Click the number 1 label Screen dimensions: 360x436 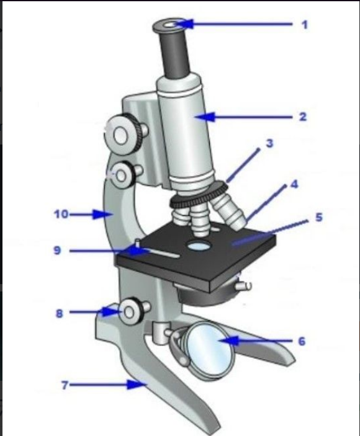pos(305,25)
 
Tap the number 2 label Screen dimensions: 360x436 pos(303,116)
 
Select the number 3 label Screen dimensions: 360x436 pos(269,143)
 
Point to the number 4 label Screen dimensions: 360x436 pos(294,184)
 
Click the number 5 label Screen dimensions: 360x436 pos(319,217)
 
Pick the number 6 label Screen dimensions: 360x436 pos(302,341)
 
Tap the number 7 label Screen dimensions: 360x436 pos(65,385)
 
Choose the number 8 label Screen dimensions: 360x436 pos(59,313)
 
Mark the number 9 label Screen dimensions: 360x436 pos(57,251)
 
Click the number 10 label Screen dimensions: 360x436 pos(61,214)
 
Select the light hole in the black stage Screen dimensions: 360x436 pos(199,246)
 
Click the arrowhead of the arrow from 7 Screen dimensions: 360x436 pos(137,385)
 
